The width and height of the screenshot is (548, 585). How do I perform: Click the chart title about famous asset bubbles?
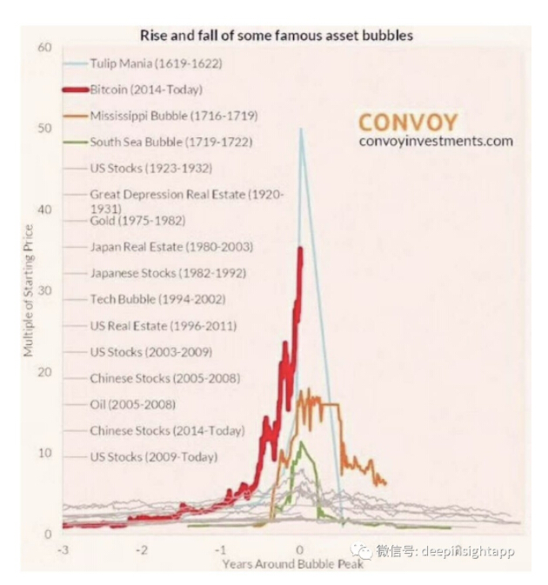[276, 37]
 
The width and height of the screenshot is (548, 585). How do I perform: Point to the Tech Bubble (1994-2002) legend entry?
[157, 300]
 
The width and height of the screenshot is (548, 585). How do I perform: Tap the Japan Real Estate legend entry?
[170, 247]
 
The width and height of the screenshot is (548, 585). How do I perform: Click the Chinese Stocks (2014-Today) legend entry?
[166, 430]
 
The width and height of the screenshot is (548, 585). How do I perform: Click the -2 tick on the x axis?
[141, 551]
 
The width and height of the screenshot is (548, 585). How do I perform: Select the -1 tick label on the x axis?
[220, 551]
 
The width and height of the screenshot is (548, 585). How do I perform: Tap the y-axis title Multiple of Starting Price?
[29, 290]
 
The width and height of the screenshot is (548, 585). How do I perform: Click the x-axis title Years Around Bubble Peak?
[291, 563]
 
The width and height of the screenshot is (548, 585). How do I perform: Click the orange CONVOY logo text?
[408, 121]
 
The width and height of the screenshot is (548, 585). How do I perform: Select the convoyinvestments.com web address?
[435, 141]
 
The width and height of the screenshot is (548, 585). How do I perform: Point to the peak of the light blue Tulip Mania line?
[301, 130]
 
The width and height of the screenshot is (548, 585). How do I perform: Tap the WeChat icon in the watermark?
[358, 550]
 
